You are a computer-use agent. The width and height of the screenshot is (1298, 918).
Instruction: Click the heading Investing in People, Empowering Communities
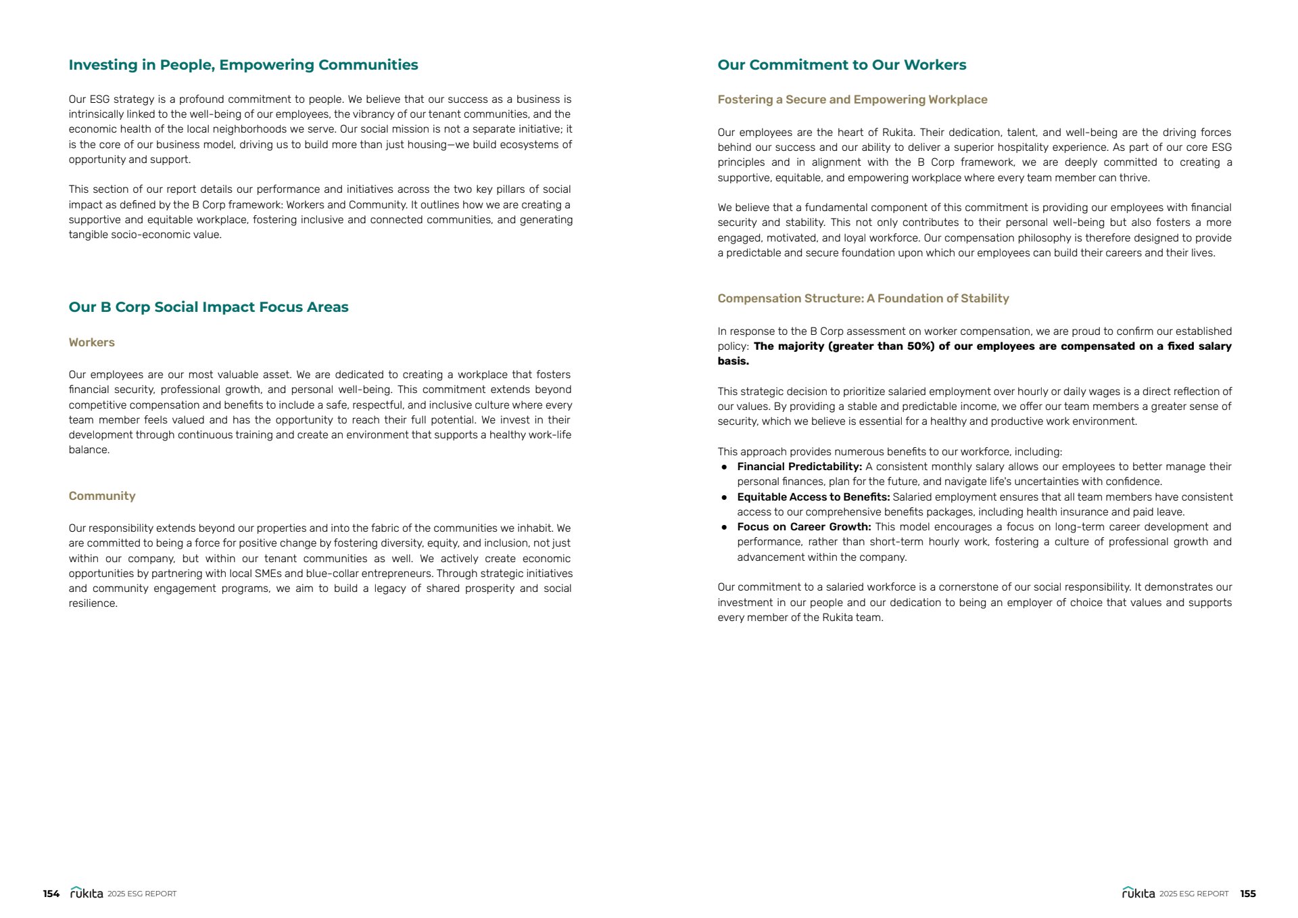pyautogui.click(x=243, y=65)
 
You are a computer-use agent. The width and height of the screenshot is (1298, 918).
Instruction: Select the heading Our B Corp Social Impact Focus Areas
pyautogui.click(x=208, y=307)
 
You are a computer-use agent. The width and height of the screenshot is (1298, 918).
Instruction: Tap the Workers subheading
pyautogui.click(x=91, y=342)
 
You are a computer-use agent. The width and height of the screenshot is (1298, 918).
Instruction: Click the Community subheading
pyautogui.click(x=101, y=496)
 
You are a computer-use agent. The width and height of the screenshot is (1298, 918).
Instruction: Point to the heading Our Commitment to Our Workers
pyautogui.click(x=841, y=65)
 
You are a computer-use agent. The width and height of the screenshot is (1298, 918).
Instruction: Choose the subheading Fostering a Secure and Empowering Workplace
pyautogui.click(x=852, y=99)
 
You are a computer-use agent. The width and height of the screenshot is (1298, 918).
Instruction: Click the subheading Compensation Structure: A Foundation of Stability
pyautogui.click(x=863, y=298)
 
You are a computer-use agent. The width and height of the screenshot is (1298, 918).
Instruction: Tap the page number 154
pyautogui.click(x=51, y=894)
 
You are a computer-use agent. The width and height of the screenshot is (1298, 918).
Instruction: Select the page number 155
pyautogui.click(x=1247, y=894)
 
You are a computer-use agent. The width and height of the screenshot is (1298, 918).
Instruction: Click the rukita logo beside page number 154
pyautogui.click(x=87, y=893)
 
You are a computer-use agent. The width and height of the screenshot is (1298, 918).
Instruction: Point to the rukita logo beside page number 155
pyautogui.click(x=1138, y=893)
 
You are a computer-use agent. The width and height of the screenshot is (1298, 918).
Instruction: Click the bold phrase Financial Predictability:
pyautogui.click(x=799, y=467)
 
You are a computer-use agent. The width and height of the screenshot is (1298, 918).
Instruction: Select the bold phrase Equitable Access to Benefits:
pyautogui.click(x=813, y=497)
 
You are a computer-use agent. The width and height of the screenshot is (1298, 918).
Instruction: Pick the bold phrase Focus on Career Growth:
pyautogui.click(x=804, y=527)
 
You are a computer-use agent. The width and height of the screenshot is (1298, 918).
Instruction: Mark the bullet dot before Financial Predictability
pyautogui.click(x=724, y=467)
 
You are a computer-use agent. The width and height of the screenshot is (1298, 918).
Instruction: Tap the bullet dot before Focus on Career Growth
pyautogui.click(x=724, y=527)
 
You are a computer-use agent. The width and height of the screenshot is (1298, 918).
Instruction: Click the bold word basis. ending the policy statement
pyautogui.click(x=733, y=361)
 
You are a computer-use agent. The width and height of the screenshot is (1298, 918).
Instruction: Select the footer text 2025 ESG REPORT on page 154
pyautogui.click(x=142, y=894)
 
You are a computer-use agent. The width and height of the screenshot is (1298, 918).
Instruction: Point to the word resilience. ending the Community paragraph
pyautogui.click(x=93, y=603)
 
